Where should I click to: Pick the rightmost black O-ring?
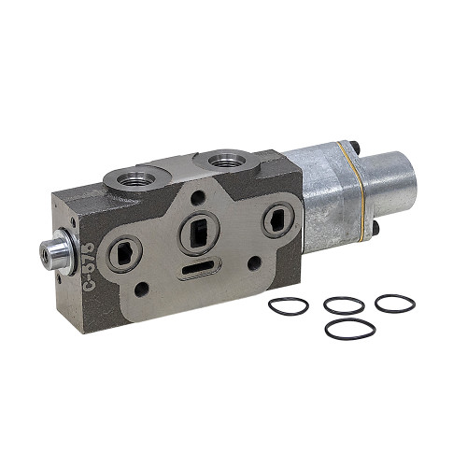click(x=393, y=304)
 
